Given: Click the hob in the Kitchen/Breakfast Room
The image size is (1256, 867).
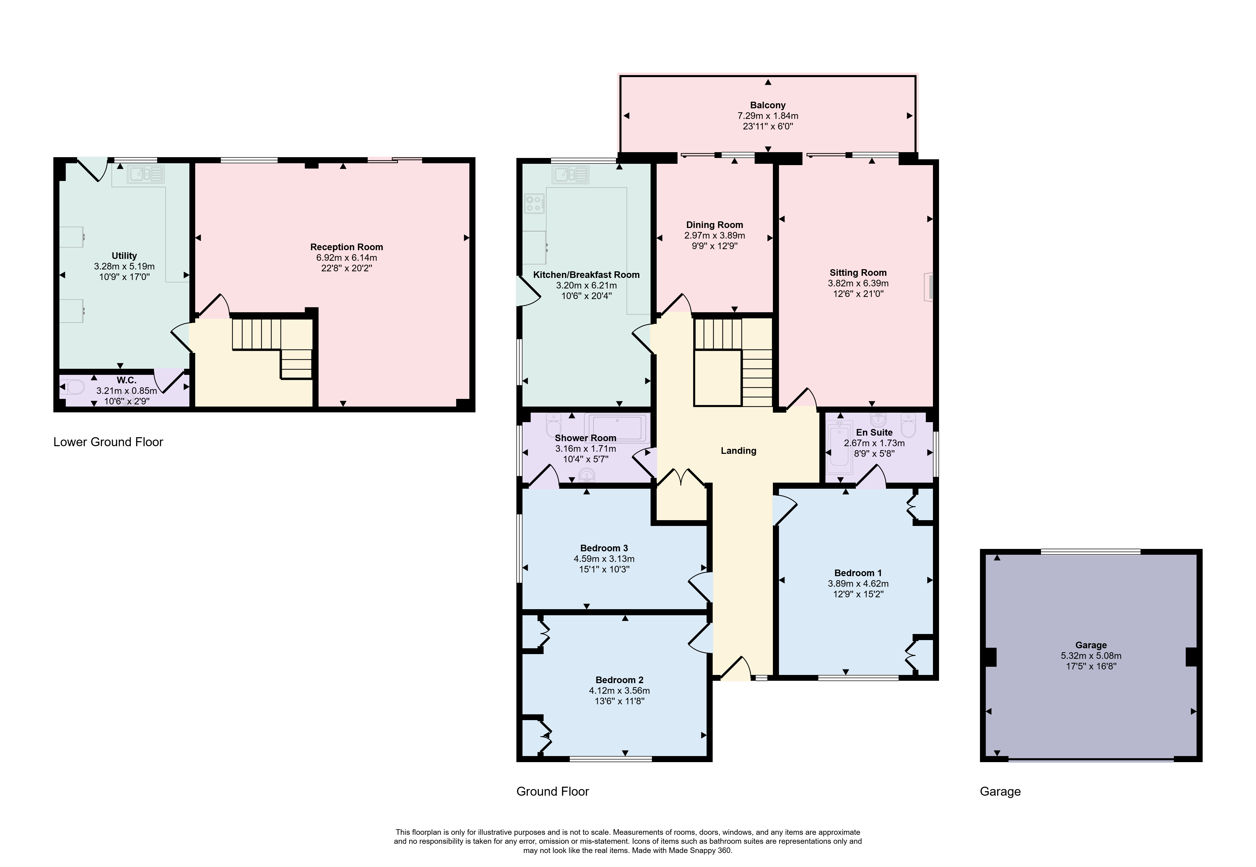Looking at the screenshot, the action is tap(534, 203).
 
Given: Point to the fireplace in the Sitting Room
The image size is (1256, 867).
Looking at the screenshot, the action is tap(929, 287).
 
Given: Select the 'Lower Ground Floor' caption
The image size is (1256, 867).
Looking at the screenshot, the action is tap(108, 442).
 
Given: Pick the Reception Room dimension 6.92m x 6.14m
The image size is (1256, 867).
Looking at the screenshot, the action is tap(347, 258).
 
